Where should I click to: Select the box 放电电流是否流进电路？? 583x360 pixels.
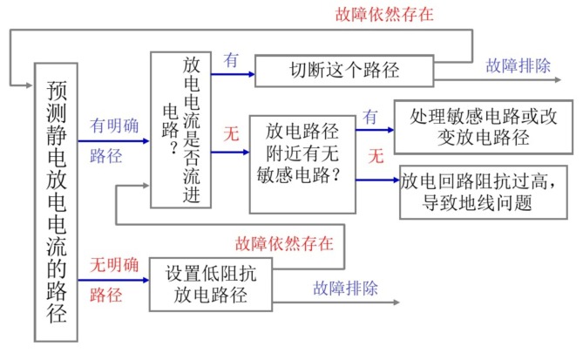pyautogui.click(x=180, y=130)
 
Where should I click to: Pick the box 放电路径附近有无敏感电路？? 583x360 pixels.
pyautogui.click(x=302, y=164)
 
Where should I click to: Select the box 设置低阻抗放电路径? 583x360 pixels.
pyautogui.click(x=209, y=282)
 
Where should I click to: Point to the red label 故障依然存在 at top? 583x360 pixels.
pyautogui.click(x=384, y=15)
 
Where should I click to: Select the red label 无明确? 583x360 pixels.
pyautogui.click(x=114, y=262)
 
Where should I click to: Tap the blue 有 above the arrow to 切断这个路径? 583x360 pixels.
pyautogui.click(x=232, y=59)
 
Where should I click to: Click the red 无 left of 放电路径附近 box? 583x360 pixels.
pyautogui.click(x=231, y=135)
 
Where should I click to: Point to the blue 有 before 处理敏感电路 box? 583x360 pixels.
pyautogui.click(x=370, y=115)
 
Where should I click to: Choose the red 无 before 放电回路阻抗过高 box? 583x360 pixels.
pyautogui.click(x=376, y=158)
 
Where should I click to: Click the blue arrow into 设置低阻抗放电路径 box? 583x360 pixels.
pyautogui.click(x=114, y=281)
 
